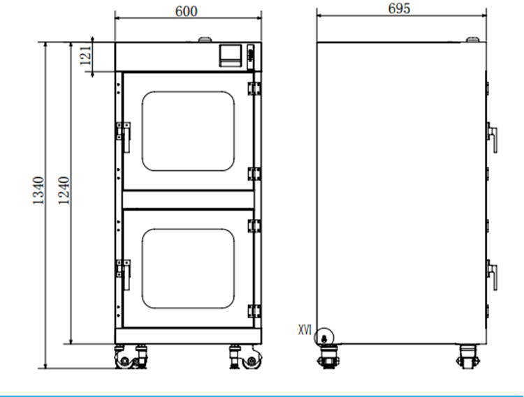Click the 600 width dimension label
coord(186,11)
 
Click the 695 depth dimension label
coord(399,8)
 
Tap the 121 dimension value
coord(85,56)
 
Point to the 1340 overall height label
coord(38,190)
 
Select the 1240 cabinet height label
coord(64,190)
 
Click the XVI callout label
coord(305,330)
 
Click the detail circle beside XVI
coord(323,337)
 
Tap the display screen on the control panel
coord(231,55)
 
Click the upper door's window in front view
coord(188,131)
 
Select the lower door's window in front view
coord(188,269)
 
